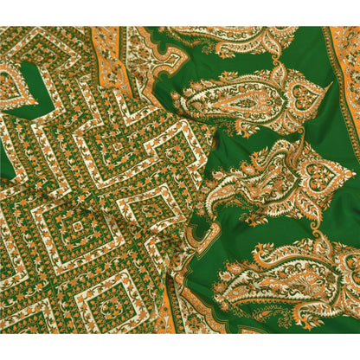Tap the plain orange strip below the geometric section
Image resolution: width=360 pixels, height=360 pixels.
pyautogui.click(x=164, y=320)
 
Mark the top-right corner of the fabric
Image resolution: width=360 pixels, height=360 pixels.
pyautogui.click(x=358, y=27)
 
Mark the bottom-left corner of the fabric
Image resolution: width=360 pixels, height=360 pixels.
pyautogui.click(x=1, y=332)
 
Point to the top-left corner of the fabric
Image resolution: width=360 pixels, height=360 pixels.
pyautogui.click(x=1, y=27)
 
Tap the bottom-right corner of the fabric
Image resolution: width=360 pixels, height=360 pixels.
pyautogui.click(x=358, y=332)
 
